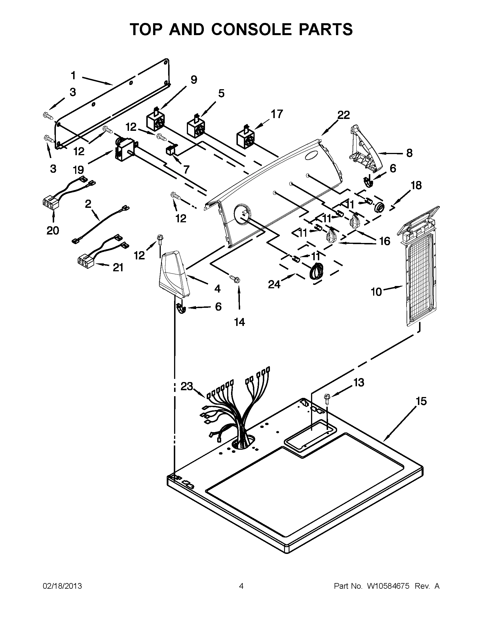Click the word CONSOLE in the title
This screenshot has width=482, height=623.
251,29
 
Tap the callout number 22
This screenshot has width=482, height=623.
344,115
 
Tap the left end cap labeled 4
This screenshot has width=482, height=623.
174,274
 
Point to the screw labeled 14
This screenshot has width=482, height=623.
235,279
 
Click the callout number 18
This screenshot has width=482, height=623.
416,185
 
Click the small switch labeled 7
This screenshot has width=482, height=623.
171,150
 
